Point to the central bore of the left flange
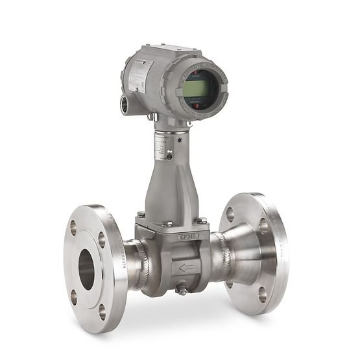tap(86, 267)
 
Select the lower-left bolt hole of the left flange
tap(73, 296)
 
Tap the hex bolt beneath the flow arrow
tap(183, 290)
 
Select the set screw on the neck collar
tap(170, 156)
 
